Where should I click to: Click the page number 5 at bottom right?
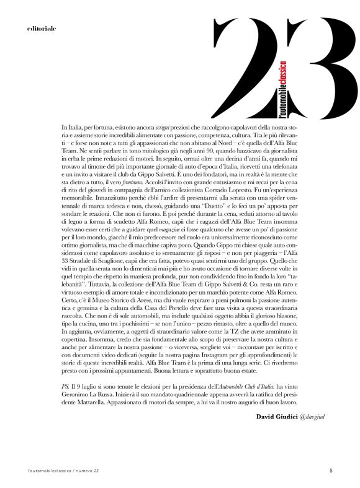pyautogui.click(x=330, y=469)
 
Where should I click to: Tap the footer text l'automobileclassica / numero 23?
pyautogui.click(x=61, y=469)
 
